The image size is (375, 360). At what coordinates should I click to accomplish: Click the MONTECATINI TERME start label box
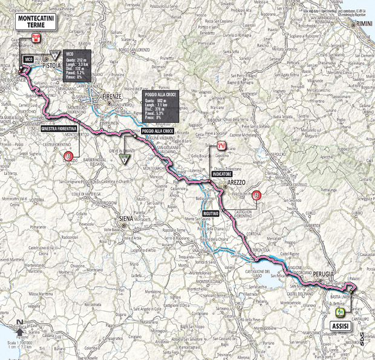coord(34,21)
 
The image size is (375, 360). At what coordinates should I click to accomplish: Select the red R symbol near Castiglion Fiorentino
coord(258,195)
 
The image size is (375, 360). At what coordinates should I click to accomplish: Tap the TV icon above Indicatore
coord(222,146)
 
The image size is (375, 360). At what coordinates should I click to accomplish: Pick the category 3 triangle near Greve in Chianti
coord(125,160)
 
